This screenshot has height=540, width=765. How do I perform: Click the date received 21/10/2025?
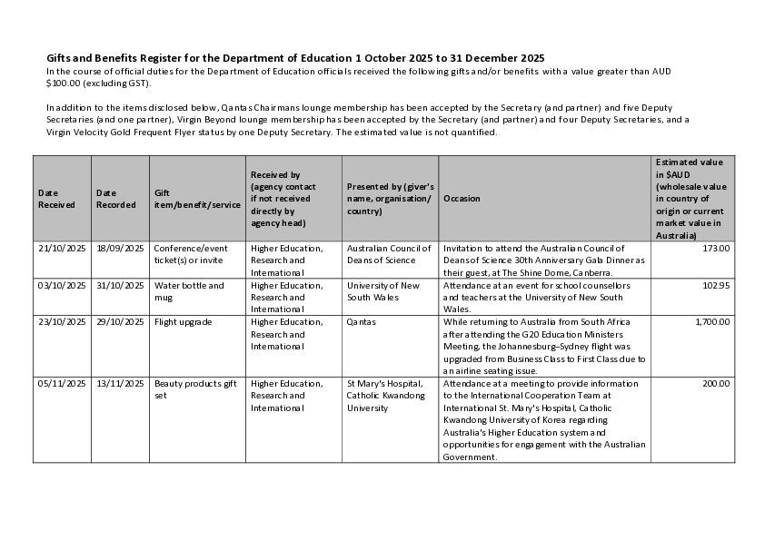(x=62, y=248)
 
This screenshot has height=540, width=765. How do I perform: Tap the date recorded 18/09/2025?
(x=120, y=248)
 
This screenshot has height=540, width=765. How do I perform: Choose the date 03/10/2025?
(x=62, y=285)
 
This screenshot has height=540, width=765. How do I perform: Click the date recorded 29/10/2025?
(x=120, y=322)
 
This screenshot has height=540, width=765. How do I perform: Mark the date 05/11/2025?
(x=62, y=384)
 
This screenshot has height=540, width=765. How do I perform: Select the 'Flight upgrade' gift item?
(x=183, y=322)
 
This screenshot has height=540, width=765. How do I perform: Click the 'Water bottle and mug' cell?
(x=188, y=290)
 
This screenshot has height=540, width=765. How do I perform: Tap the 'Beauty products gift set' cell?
(x=194, y=389)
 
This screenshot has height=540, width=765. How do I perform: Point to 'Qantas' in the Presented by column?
(x=361, y=322)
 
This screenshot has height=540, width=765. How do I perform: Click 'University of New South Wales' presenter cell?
(x=382, y=290)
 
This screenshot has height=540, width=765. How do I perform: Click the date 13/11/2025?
(x=120, y=384)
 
